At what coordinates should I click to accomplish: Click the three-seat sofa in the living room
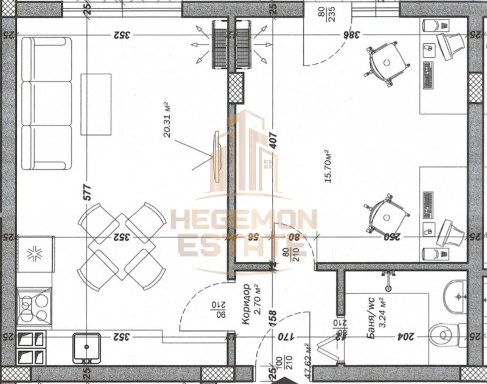point(46,104)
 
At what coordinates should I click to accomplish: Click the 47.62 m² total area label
point(307,363)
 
